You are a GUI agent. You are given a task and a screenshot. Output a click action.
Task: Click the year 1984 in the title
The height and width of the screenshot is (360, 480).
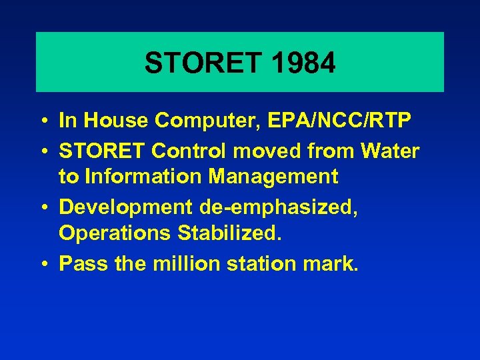tap(303, 63)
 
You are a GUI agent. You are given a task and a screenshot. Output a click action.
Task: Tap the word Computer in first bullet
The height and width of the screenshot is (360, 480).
tap(210, 121)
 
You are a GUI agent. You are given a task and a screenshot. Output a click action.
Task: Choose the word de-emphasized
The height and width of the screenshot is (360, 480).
tap(279, 207)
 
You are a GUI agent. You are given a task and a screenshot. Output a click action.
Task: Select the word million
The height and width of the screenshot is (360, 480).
tap(186, 263)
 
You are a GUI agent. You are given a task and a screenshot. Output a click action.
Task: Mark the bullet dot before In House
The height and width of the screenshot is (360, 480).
tap(43, 121)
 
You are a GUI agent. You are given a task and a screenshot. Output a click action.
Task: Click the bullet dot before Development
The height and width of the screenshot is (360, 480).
tap(43, 208)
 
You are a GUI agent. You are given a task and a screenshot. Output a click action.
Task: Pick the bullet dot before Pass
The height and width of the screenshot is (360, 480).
tap(43, 264)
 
